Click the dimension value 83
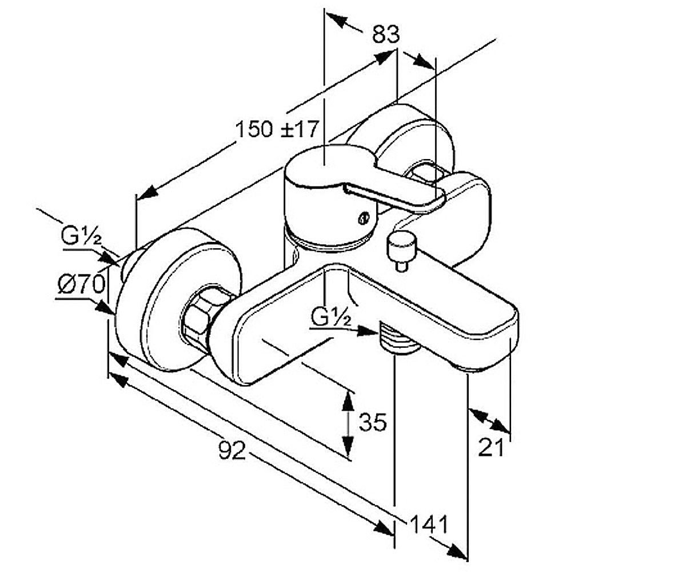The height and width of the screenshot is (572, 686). click(x=386, y=34)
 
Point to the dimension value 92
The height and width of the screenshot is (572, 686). click(x=232, y=450)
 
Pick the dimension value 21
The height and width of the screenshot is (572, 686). click(x=491, y=447)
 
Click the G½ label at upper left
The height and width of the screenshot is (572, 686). click(x=81, y=236)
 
